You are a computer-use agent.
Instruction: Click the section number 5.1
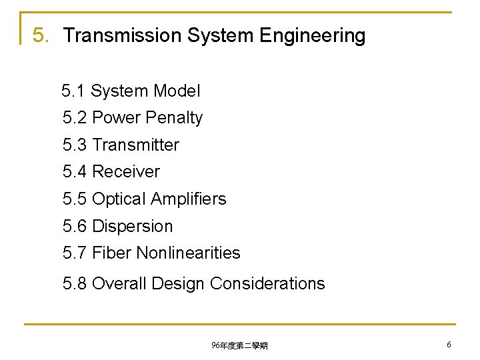(74, 91)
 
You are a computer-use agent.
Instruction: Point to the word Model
(177, 91)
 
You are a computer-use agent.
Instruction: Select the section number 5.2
(75, 118)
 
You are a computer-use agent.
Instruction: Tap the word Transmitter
(135, 145)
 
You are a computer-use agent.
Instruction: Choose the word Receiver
(126, 171)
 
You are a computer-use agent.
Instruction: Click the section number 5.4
(75, 171)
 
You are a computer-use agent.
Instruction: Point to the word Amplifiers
(189, 199)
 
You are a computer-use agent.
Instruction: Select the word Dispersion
(132, 226)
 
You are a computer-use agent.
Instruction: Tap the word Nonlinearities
(188, 253)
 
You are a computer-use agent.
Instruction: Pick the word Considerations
(267, 283)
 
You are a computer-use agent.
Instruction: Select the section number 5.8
(75, 283)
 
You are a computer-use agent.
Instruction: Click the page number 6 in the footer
(449, 344)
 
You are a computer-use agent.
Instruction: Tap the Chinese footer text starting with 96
(239, 345)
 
